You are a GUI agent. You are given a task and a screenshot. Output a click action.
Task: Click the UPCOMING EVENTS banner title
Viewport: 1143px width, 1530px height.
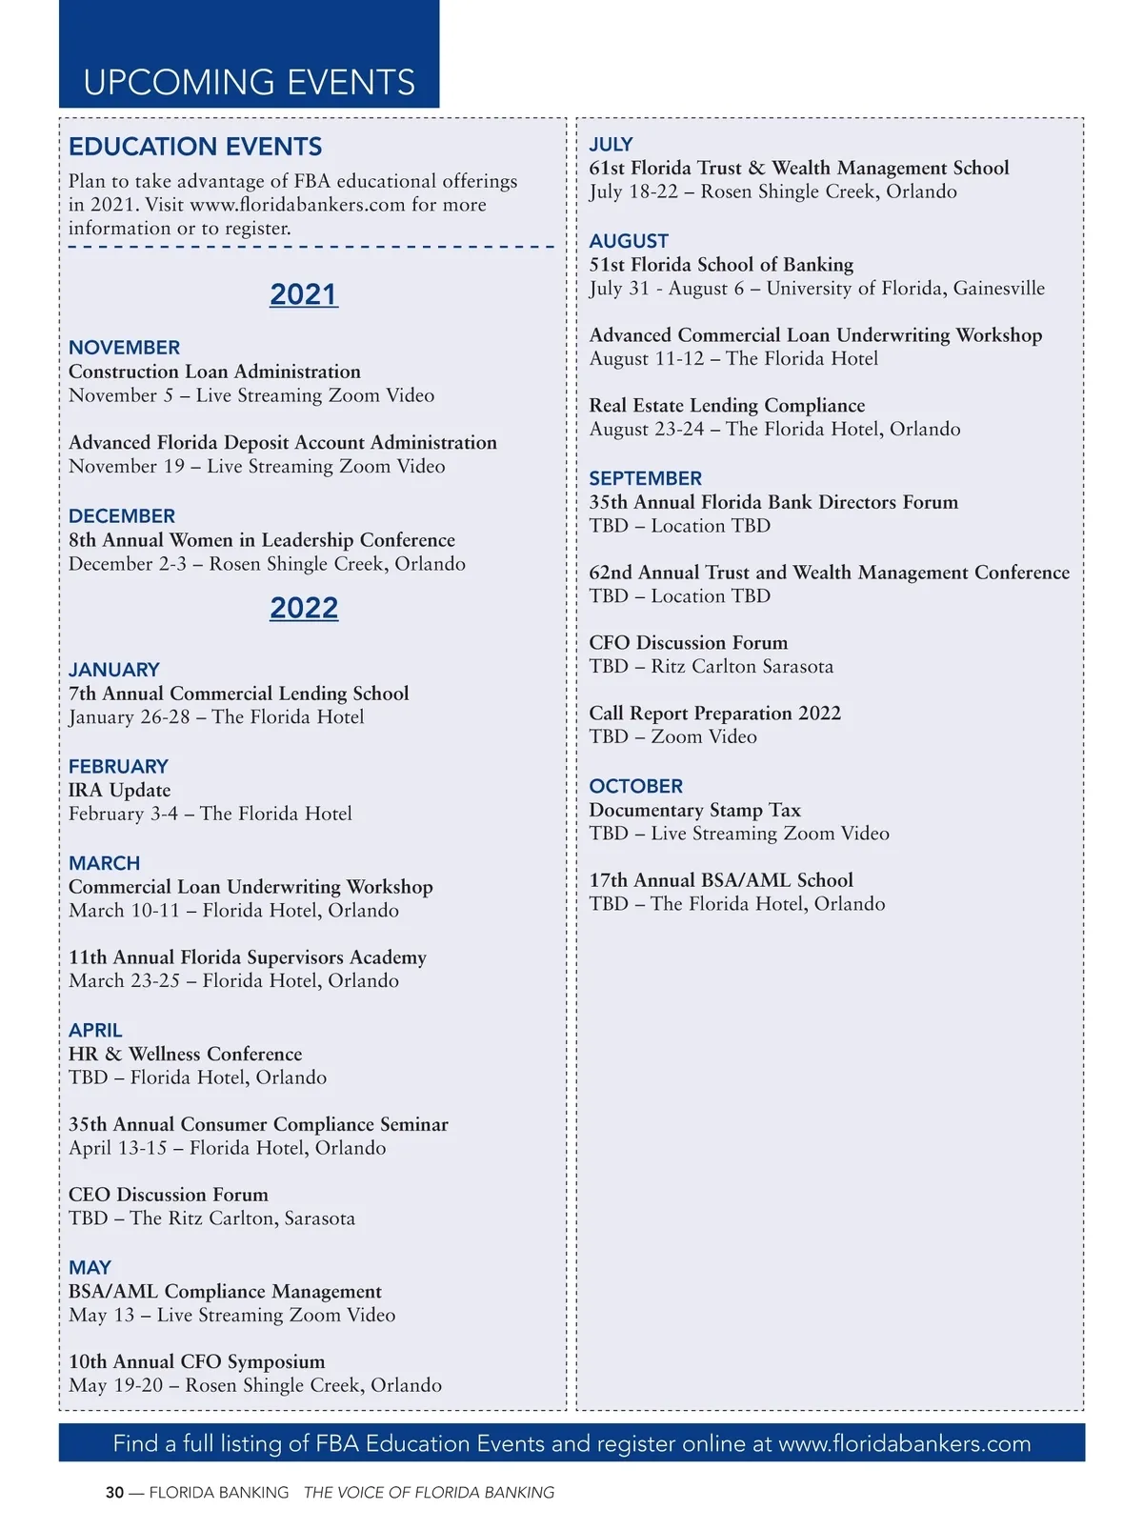click(x=249, y=83)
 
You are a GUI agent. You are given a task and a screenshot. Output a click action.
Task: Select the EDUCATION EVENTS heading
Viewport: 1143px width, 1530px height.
click(x=195, y=147)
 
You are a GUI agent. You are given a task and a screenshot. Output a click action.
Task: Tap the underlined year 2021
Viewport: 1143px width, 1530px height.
click(x=304, y=294)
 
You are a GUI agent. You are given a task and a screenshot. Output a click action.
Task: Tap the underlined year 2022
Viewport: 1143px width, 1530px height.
click(x=304, y=608)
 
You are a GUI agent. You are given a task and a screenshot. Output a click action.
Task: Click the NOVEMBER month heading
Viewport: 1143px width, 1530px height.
click(x=124, y=348)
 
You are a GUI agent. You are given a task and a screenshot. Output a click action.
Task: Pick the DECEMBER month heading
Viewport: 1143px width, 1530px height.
click(x=122, y=516)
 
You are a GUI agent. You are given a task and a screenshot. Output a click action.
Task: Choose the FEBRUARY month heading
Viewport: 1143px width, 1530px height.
click(x=118, y=767)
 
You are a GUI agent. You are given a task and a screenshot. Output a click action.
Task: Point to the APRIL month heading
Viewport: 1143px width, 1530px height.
click(x=95, y=1031)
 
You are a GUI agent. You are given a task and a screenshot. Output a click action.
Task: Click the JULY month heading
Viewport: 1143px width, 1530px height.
click(x=611, y=145)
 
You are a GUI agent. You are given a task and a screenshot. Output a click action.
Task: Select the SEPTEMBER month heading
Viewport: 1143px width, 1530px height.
click(x=645, y=478)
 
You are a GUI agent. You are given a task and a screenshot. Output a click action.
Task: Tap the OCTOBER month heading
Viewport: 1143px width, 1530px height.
click(x=635, y=787)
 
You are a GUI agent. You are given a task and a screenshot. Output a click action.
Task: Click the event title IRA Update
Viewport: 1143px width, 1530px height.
click(x=119, y=791)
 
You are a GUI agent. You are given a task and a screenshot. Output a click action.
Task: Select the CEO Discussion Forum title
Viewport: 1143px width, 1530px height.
click(x=169, y=1195)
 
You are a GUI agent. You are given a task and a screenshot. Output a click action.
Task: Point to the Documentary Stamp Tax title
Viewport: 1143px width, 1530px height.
click(x=694, y=810)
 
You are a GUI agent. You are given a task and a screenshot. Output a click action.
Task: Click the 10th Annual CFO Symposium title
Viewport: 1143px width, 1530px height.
click(x=196, y=1362)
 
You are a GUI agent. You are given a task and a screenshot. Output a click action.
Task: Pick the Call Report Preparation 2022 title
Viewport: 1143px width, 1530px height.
click(x=714, y=714)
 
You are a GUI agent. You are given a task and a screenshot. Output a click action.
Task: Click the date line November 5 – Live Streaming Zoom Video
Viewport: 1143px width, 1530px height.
click(x=251, y=395)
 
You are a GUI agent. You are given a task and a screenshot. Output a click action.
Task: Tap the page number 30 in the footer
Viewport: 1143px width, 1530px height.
click(x=114, y=1493)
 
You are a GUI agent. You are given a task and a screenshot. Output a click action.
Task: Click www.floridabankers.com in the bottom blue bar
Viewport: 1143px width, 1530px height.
click(x=904, y=1443)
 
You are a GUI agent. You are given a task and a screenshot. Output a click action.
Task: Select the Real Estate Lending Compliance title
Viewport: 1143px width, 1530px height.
click(x=727, y=406)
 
